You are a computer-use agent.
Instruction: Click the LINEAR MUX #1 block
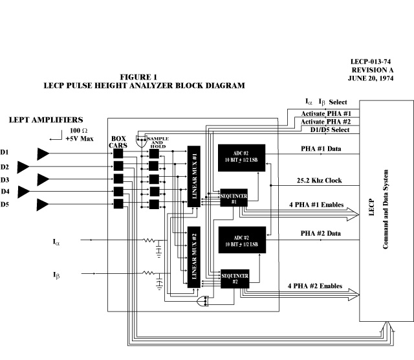click(x=193, y=176)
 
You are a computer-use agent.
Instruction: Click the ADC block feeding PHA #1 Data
click(x=241, y=157)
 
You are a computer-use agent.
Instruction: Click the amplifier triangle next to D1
click(x=43, y=153)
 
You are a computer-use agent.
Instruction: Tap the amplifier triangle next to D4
click(x=25, y=191)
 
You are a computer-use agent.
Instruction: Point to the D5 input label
click(x=5, y=205)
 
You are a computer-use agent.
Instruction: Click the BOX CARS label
click(x=118, y=142)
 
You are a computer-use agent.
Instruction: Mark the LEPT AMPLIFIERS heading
click(x=46, y=120)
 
